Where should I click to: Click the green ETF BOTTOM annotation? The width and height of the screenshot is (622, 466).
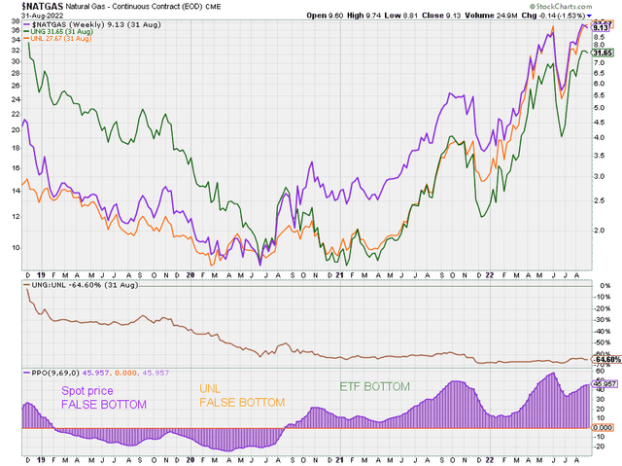click(x=374, y=386)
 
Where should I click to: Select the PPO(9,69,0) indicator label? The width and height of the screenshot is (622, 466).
click(x=51, y=372)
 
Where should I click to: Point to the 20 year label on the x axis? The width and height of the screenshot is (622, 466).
click(x=191, y=275)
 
